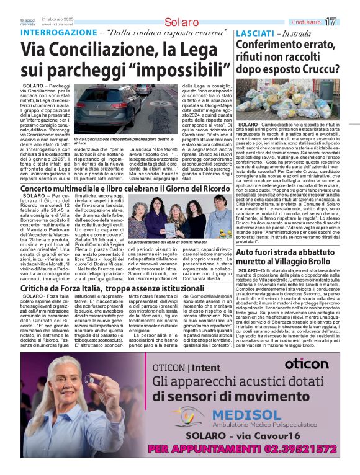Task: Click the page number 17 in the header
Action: pos(346,22)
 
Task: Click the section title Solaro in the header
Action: pos(164,22)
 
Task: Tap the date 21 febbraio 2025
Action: pos(60,19)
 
